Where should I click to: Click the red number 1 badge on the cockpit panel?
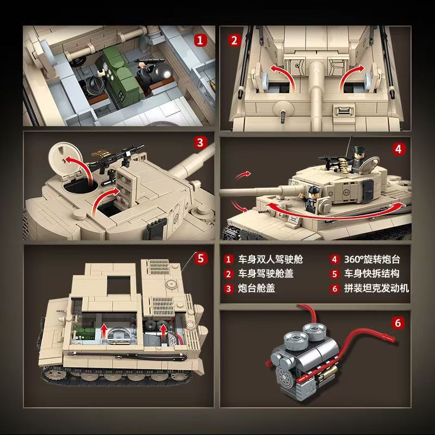click(200, 40)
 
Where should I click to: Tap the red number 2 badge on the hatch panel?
click(234, 40)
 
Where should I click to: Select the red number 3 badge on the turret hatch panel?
click(200, 143)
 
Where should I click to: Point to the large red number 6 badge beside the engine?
click(398, 323)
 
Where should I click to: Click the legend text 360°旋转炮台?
click(372, 259)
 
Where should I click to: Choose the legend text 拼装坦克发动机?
click(376, 288)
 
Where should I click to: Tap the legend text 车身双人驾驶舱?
click(270, 259)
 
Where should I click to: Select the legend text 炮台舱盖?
click(257, 288)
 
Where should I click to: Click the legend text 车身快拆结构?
click(372, 274)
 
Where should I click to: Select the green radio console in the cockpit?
click(122, 78)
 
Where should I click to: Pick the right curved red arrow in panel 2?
click(351, 77)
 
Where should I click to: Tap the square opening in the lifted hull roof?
click(119, 285)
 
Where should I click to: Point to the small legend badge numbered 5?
click(334, 274)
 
